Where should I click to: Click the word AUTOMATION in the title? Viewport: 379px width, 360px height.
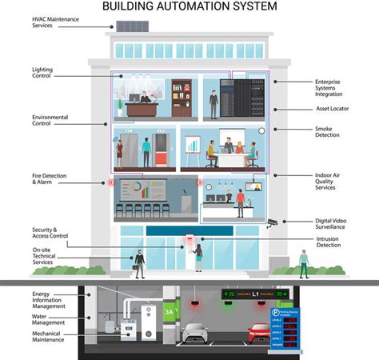pos(188,6)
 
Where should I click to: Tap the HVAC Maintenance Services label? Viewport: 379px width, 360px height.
pos(55,21)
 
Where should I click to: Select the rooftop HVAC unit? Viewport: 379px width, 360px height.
pos(133,26)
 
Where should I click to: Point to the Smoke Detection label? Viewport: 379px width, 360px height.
pos(329,131)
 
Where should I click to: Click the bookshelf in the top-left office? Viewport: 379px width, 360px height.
pos(182,98)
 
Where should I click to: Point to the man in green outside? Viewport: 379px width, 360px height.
pos(303,262)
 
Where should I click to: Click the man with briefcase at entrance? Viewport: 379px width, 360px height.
pos(139,263)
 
